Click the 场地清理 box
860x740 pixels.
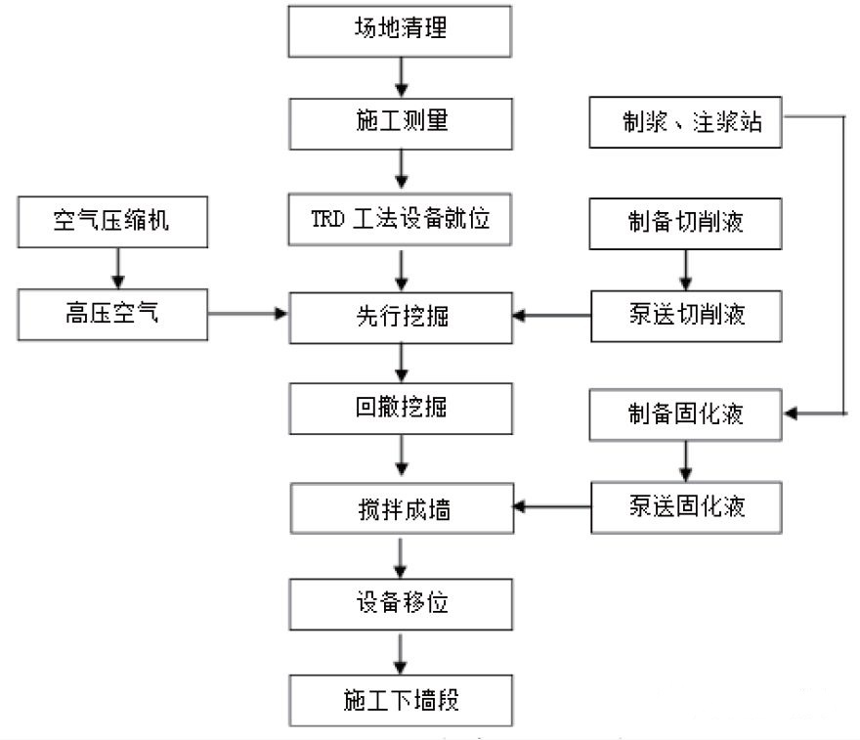pos(401,30)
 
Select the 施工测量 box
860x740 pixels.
pos(401,124)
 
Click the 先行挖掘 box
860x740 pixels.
pos(401,316)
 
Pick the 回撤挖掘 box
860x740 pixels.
pos(401,408)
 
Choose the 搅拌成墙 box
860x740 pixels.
pos(401,508)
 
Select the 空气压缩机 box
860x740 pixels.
pos(112,221)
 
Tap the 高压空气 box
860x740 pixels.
pos(112,315)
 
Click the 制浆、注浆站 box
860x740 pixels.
pos(686,123)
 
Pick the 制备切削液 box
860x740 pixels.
pos(686,221)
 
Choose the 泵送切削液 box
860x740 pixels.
pos(686,315)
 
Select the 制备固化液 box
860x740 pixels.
pos(686,414)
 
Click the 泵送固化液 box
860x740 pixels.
pos(686,507)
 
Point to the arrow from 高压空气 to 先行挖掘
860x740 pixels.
pos(248,315)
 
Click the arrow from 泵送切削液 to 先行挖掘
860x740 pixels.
pos(552,315)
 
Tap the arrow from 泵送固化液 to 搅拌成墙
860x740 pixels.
pos(552,507)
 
